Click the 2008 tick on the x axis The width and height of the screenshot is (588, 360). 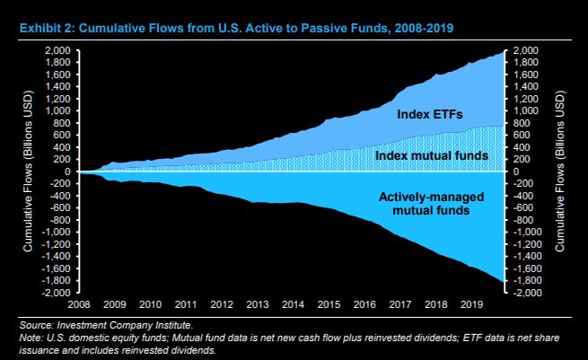[79, 303]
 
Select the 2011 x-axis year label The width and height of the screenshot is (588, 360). [188, 303]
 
